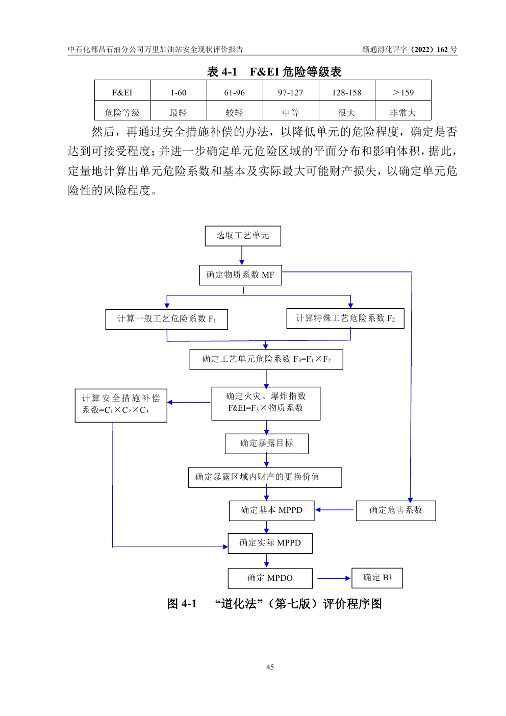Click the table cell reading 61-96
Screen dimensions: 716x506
[x=235, y=92]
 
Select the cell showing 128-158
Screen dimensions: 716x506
[x=347, y=92]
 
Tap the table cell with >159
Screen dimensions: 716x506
[x=403, y=92]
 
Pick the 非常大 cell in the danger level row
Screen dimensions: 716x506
[x=403, y=113]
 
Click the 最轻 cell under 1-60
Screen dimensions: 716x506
[x=179, y=113]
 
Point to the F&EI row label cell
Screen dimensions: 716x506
[x=122, y=92]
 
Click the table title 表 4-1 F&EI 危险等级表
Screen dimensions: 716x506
[x=274, y=72]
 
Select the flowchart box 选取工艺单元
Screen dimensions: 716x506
[x=243, y=236]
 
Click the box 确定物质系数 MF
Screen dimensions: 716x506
[x=240, y=275]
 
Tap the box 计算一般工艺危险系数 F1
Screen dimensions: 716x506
[x=167, y=319]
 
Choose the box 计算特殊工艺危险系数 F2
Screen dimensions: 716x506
[x=345, y=318]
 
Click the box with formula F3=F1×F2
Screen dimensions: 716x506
[x=266, y=359]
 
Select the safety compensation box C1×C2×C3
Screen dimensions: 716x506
[x=121, y=404]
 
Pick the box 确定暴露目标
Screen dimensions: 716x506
[x=267, y=443]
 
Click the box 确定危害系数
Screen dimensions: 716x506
[x=396, y=510]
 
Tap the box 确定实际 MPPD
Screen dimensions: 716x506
[x=270, y=543]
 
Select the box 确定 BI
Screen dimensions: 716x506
[x=377, y=578]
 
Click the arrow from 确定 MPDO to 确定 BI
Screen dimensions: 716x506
[x=334, y=578]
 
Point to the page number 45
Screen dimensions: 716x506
[x=270, y=667]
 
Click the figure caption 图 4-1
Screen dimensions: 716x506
[x=274, y=604]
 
